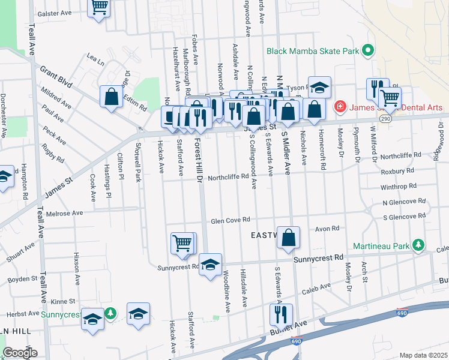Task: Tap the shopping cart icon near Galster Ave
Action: tap(99, 8)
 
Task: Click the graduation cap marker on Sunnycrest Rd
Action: tap(210, 264)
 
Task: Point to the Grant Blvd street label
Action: tap(56, 77)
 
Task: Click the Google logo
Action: tap(20, 353)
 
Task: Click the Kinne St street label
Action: tap(62, 301)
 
